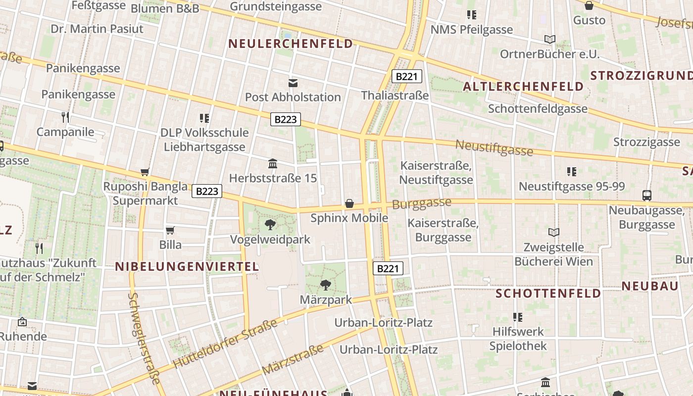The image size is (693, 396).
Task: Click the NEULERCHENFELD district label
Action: click(291, 44)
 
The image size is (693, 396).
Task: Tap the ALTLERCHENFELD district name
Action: click(523, 87)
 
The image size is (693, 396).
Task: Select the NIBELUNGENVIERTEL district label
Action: click(187, 267)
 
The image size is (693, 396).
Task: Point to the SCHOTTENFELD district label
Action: click(548, 293)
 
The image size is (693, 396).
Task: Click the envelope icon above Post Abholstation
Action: click(293, 83)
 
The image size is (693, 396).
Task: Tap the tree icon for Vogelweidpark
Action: click(270, 225)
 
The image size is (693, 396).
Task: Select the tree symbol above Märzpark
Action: click(325, 285)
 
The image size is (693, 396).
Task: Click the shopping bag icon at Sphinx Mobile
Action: click(349, 203)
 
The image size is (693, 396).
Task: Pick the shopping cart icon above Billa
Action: click(170, 230)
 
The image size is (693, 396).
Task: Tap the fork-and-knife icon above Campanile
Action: click(65, 117)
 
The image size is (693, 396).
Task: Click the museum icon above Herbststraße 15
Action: click(272, 163)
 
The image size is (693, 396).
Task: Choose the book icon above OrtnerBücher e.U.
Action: click(549, 39)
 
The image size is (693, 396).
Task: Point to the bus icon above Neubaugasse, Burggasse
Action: click(646, 196)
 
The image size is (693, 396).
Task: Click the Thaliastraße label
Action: click(395, 95)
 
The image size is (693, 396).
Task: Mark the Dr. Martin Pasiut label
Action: click(97, 29)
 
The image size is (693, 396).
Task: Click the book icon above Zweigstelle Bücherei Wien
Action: click(553, 232)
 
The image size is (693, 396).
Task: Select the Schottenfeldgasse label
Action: click(538, 108)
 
